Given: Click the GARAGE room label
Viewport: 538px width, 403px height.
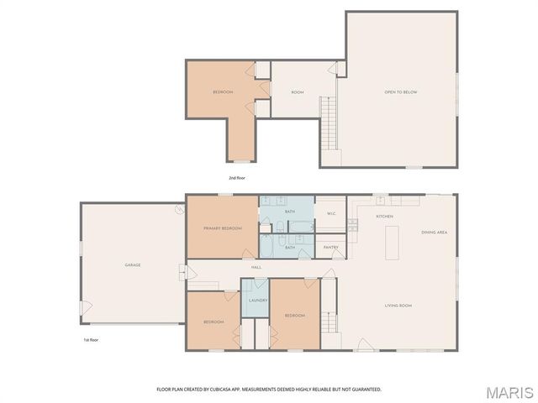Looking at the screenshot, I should pos(133,265).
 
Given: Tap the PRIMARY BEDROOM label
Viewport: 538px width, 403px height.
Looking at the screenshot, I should pos(223,228).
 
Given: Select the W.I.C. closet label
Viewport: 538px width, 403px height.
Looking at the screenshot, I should pos(331,213).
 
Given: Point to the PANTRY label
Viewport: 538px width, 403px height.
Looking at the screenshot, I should pos(331,247).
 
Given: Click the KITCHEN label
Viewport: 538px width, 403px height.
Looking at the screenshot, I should pos(384,217).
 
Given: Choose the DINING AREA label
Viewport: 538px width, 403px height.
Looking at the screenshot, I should pos(434,232).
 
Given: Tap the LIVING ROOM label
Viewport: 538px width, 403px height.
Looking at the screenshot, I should pos(398,305).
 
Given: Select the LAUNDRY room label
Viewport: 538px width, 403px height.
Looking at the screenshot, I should pos(258,300).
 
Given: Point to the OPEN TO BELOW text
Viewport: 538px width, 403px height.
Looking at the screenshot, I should pos(401,92).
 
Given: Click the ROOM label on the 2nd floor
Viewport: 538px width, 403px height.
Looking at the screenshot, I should pos(298,92).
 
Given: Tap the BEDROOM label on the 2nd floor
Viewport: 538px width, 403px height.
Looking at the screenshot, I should pos(223,92).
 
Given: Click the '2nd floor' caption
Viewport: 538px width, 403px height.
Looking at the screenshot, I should pos(237,178).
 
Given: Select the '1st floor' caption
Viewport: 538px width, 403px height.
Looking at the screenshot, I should pos(91,340).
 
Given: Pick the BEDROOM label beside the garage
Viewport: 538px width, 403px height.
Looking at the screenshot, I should pos(214,322).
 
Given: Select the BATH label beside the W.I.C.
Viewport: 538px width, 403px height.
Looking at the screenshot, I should pos(290,212).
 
